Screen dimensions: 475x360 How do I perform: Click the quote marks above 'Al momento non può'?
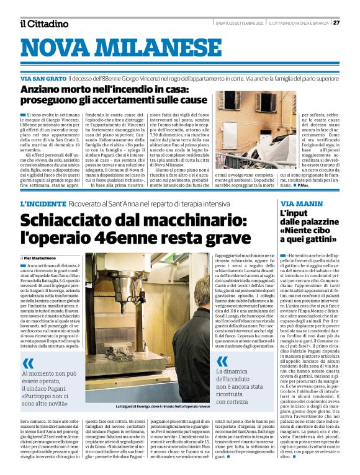pos(28,364)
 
